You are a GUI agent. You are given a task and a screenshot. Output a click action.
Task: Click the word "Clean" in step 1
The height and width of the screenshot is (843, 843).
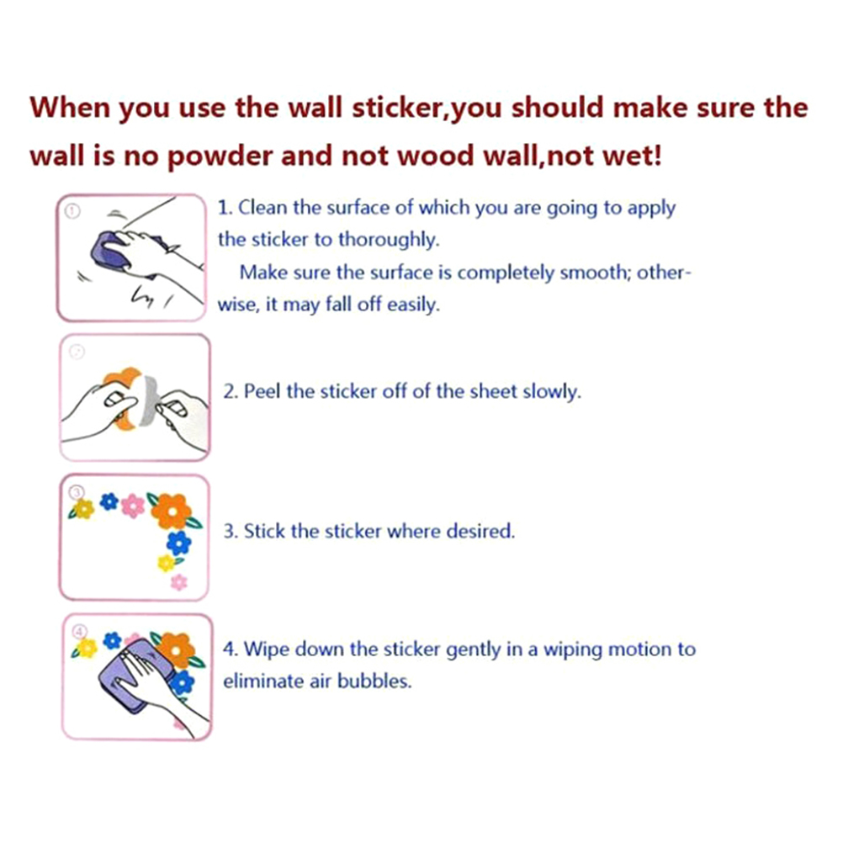[262, 207]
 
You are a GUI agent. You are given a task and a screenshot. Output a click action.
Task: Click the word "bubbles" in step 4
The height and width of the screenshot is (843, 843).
[374, 681]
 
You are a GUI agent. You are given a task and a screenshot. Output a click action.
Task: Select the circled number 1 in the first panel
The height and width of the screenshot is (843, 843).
[72, 210]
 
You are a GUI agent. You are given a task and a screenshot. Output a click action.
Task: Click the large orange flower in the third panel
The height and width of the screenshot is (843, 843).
[172, 512]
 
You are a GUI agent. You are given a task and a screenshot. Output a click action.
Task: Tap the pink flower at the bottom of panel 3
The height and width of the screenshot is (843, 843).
[178, 581]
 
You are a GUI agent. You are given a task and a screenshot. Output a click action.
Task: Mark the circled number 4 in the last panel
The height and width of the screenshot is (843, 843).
[80, 631]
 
